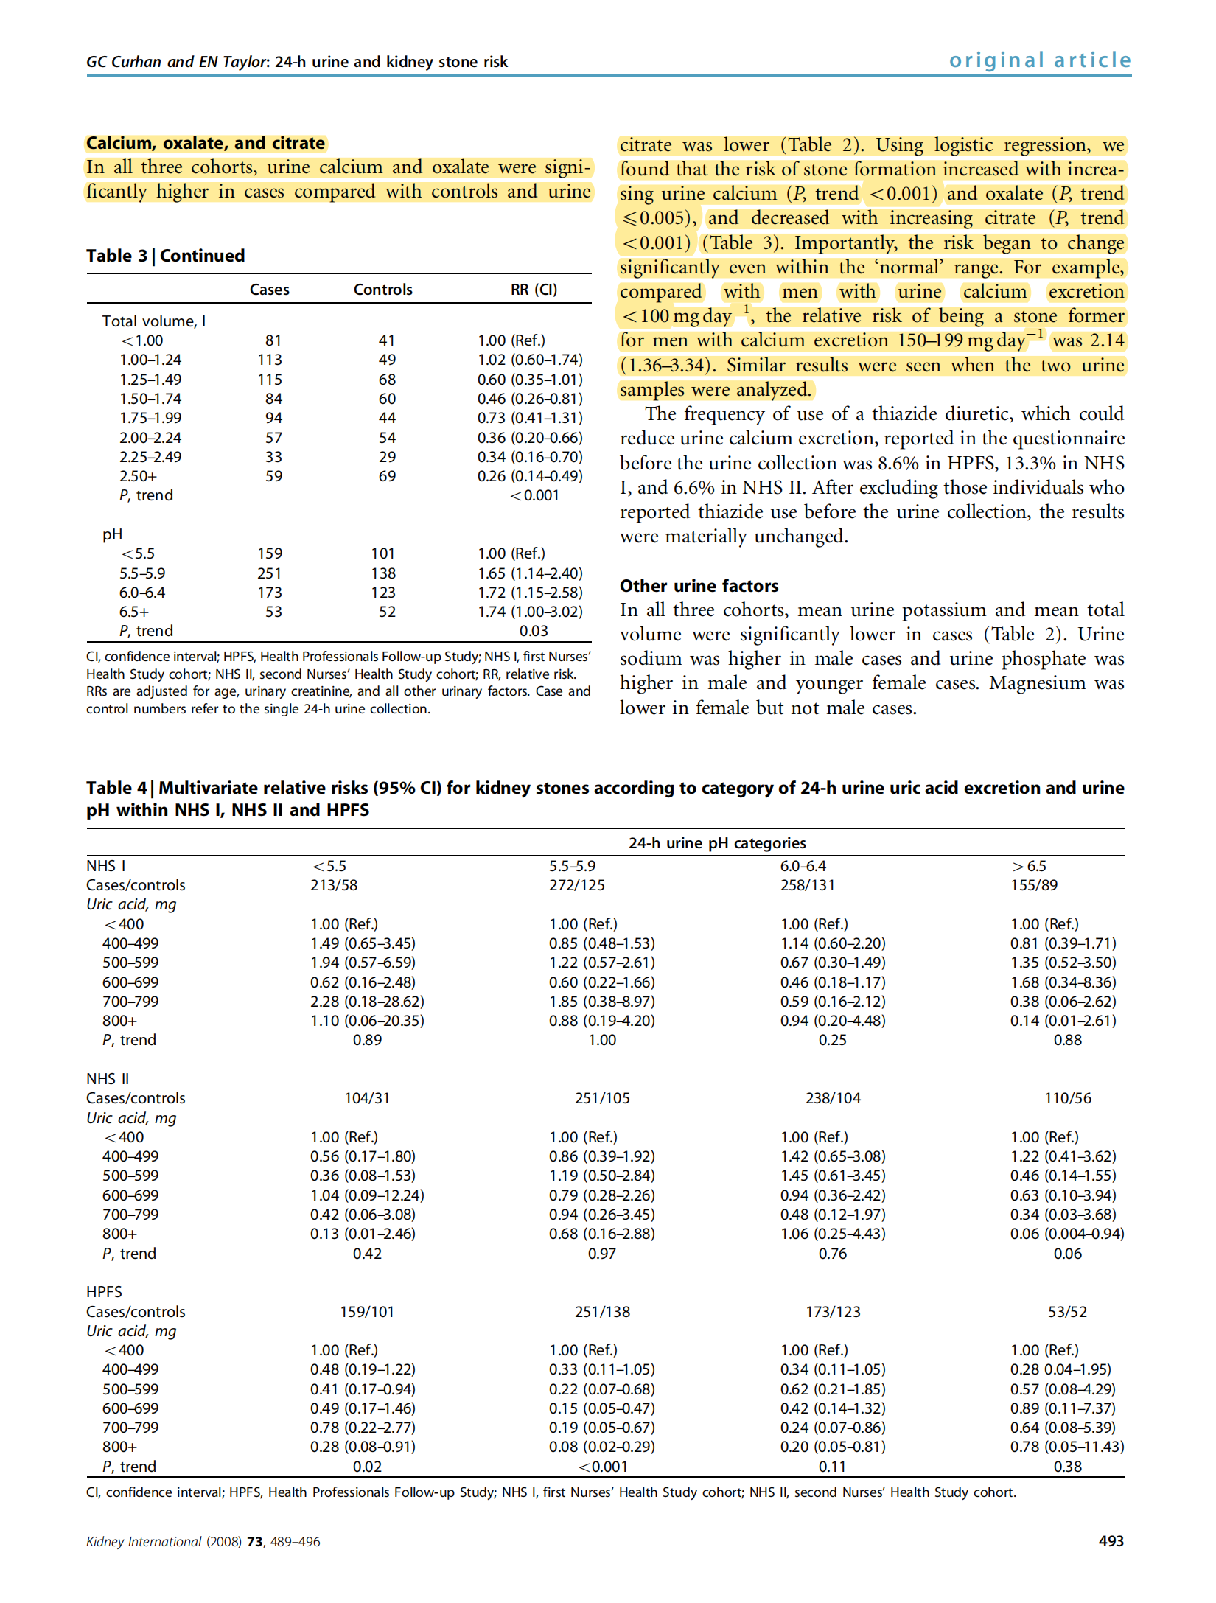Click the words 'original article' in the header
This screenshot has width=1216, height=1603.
[1039, 60]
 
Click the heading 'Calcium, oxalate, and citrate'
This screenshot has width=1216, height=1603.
[206, 143]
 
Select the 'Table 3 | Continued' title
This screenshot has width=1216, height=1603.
[165, 256]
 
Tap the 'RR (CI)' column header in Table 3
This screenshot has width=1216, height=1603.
[534, 290]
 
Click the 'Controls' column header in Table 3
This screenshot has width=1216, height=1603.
[382, 290]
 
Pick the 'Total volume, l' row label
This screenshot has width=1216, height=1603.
[153, 321]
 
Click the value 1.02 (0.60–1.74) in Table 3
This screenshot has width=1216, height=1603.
[530, 360]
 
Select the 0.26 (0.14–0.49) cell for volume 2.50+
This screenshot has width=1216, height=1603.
[530, 476]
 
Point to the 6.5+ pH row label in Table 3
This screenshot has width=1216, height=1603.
[134, 612]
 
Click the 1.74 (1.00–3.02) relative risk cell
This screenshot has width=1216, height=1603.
[530, 612]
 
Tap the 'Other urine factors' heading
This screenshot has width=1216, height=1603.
[699, 586]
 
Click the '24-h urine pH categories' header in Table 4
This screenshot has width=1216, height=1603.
[716, 843]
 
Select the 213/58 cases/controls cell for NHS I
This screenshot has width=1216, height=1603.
[334, 885]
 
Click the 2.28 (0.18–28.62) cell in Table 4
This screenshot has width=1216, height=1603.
[367, 1002]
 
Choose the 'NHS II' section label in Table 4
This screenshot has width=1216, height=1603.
[108, 1079]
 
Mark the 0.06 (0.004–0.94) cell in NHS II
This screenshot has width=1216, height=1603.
[1066, 1234]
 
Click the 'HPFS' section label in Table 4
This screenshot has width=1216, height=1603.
[104, 1292]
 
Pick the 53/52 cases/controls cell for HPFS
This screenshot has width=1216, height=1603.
[1066, 1312]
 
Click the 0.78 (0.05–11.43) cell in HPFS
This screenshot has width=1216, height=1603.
[1066, 1447]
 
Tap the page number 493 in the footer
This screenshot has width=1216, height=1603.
[1111, 1541]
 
